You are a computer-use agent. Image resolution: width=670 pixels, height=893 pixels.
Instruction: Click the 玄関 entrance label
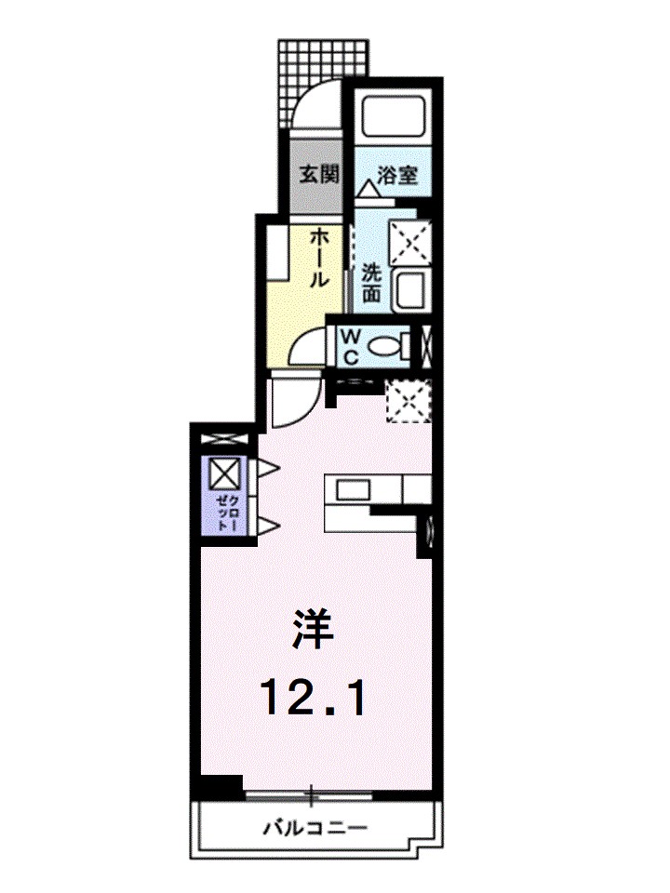(x=317, y=174)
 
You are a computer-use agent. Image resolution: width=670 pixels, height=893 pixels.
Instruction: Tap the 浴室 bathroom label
(x=397, y=174)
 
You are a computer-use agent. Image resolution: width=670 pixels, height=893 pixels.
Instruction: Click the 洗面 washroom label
(x=372, y=283)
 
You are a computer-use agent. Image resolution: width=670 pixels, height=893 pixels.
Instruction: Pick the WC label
(x=352, y=345)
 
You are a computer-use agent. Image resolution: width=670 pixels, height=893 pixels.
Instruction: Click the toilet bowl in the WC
(x=385, y=347)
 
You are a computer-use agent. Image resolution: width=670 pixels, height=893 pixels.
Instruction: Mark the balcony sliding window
(x=310, y=796)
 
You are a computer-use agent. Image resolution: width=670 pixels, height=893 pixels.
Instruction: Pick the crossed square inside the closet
(x=224, y=474)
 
